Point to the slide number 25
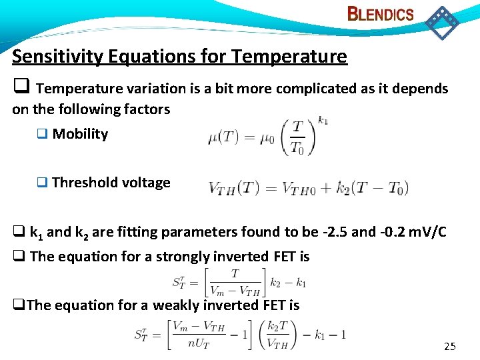pos(450,347)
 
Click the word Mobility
pos(80,134)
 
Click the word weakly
pos(175,305)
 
